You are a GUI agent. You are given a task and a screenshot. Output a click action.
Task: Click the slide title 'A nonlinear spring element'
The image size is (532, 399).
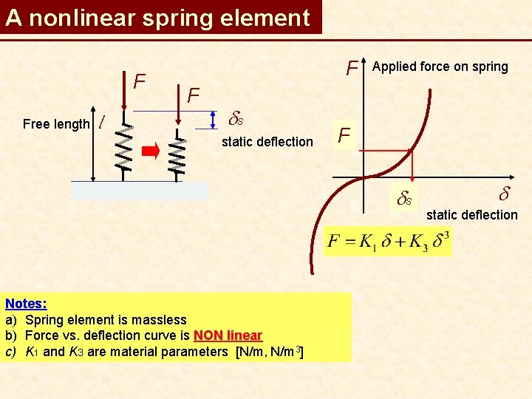[x=157, y=18]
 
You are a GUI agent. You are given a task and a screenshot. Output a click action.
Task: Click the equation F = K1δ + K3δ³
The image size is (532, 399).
[x=387, y=242]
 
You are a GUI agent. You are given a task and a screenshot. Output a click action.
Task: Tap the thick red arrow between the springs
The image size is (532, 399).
[x=151, y=151]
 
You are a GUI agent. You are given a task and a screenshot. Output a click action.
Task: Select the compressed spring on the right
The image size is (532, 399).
[x=177, y=152]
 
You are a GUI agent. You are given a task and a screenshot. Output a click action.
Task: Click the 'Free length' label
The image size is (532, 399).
[x=56, y=124]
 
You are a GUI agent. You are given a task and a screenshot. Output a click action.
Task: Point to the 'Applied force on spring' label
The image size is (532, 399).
[x=440, y=66]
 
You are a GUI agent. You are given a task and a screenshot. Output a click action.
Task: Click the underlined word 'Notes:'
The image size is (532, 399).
[x=26, y=304]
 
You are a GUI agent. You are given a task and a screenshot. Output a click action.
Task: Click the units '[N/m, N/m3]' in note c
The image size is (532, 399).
[x=269, y=352]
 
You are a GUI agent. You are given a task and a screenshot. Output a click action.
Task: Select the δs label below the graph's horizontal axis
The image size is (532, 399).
[x=405, y=198]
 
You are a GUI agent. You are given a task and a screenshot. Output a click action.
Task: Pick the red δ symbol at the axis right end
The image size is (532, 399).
[x=505, y=195]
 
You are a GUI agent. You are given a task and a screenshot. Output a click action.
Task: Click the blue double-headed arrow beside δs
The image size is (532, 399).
[x=214, y=120]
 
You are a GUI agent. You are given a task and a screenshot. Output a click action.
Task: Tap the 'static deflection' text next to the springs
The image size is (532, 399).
[x=267, y=142]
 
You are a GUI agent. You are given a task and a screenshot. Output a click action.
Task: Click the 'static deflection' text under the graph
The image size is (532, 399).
[x=472, y=215]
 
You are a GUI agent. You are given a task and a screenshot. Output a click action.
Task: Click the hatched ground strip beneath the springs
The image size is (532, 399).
[x=140, y=191]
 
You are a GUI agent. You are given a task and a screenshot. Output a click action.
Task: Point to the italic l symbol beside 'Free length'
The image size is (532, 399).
[x=101, y=122]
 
